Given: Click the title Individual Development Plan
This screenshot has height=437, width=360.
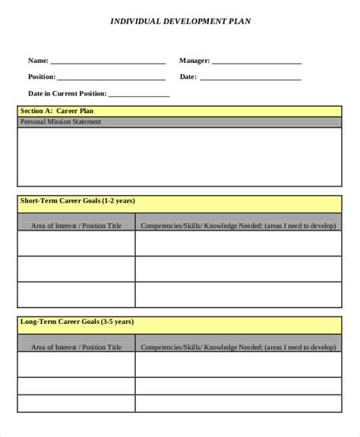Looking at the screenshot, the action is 180,22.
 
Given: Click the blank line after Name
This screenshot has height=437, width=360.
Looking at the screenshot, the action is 108,62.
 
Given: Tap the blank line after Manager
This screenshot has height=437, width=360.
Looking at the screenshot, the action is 256,62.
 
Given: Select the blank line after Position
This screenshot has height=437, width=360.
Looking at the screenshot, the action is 111,78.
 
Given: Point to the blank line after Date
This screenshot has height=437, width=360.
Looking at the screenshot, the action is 251,78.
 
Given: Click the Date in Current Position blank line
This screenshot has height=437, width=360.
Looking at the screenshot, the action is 138,96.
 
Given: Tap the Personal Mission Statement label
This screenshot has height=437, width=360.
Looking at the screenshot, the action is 61,122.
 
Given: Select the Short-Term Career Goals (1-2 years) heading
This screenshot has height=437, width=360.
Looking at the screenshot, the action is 78,201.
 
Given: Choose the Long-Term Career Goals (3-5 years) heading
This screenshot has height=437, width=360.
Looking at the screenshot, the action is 77,322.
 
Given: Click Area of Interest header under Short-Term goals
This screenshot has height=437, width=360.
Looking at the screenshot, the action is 76,225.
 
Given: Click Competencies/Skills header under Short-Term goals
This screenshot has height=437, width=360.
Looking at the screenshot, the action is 238,225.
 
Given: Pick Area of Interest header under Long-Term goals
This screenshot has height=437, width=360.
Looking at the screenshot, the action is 76,347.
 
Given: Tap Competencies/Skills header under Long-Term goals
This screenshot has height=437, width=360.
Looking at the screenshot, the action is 238,347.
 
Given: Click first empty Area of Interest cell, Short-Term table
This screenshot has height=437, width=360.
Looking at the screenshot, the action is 76,244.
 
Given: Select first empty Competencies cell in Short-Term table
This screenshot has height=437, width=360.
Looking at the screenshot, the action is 238,244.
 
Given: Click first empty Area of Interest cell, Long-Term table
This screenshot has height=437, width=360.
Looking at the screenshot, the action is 76,365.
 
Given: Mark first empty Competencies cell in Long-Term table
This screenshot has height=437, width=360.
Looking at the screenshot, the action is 238,365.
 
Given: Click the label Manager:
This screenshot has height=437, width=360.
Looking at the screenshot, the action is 194,61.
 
